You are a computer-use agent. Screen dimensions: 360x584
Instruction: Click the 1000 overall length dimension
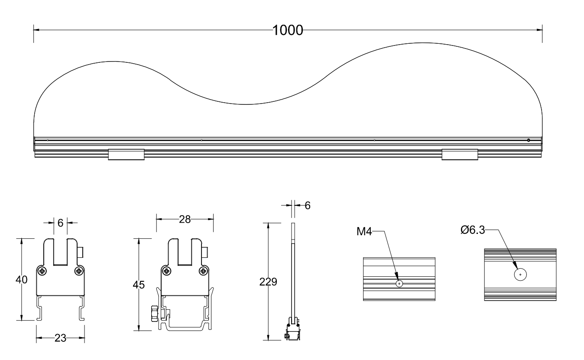tap(287, 30)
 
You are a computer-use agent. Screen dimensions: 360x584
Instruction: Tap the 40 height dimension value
tap(22, 280)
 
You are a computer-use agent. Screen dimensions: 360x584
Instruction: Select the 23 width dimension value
tap(60, 338)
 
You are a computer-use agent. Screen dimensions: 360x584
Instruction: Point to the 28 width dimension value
tap(185, 219)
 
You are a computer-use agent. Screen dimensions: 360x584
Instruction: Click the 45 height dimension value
tap(139, 285)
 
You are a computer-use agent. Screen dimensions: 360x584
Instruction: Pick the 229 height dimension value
tap(268, 282)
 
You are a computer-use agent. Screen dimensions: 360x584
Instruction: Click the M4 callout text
tap(364, 232)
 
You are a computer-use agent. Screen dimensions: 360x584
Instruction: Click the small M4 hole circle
tap(399, 284)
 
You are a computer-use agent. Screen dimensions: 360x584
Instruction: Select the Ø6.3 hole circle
tap(520, 275)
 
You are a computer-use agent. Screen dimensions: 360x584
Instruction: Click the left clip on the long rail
tap(126, 154)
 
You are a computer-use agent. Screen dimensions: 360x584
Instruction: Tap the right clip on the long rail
tap(460, 154)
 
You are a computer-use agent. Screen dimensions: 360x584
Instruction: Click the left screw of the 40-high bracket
tap(42, 271)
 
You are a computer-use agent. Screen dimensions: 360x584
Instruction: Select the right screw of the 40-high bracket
tap(78, 271)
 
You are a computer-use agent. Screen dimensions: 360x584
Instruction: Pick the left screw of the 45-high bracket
tap(167, 271)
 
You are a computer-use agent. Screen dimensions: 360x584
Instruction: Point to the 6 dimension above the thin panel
tap(307, 205)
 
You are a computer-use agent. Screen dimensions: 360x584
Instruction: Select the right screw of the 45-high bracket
tap(203, 271)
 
